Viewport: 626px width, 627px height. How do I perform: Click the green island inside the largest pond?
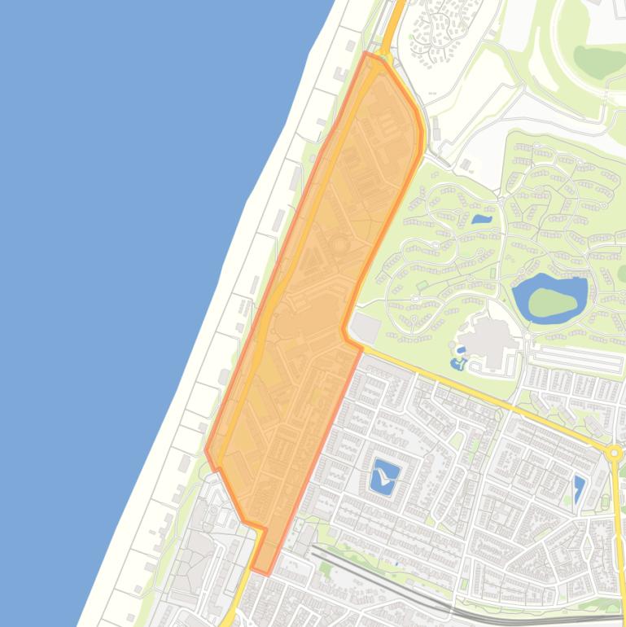pyautogui.click(x=547, y=303)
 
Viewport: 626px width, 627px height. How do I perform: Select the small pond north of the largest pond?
pyautogui.click(x=482, y=219)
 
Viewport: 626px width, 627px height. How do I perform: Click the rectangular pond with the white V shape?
pyautogui.click(x=384, y=475)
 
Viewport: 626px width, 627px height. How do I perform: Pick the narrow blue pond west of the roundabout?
pyautogui.click(x=579, y=489)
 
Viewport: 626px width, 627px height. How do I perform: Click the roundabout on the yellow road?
pyautogui.click(x=615, y=453)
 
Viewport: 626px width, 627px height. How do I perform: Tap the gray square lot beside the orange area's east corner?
pyautogui.click(x=366, y=329)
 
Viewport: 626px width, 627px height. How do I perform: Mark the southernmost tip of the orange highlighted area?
pyautogui.click(x=262, y=572)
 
